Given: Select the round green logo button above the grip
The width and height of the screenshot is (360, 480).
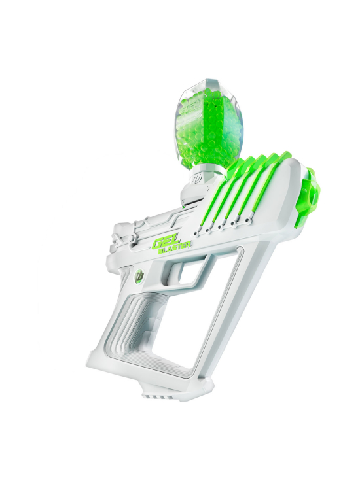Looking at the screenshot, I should point(139,275).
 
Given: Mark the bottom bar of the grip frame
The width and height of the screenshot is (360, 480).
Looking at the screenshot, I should point(157,373).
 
